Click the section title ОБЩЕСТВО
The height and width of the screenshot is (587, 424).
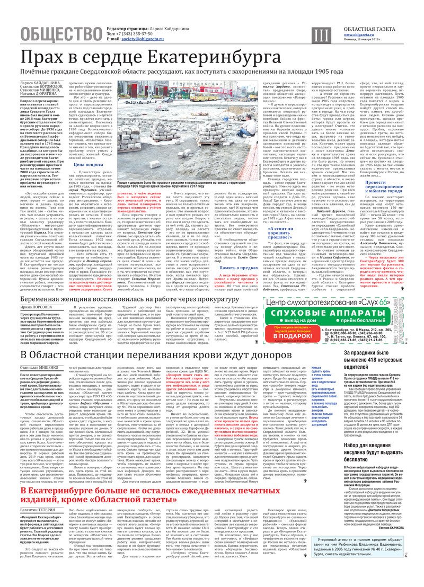[60, 34]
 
